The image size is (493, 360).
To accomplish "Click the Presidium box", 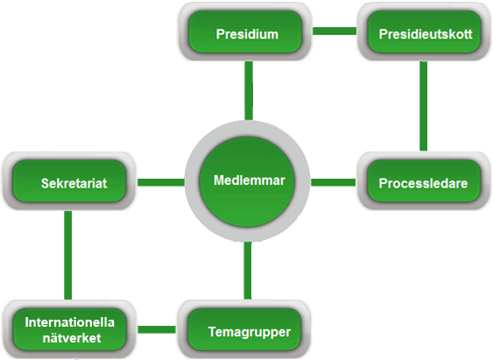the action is pyautogui.click(x=245, y=32).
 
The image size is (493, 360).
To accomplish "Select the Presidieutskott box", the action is pyautogui.click(x=424, y=32).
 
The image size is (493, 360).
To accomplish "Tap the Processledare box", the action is pyautogui.click(x=424, y=180).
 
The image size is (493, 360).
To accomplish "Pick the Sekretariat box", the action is pyautogui.click(x=69, y=180).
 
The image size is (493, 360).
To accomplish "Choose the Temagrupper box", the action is pyautogui.click(x=244, y=329).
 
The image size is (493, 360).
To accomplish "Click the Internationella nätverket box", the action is pyautogui.click(x=69, y=329).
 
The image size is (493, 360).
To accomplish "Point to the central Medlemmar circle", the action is pyautogui.click(x=248, y=180).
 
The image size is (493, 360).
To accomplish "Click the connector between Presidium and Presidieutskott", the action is pyautogui.click(x=335, y=32).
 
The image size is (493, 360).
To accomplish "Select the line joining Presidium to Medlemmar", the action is pyautogui.click(x=249, y=90).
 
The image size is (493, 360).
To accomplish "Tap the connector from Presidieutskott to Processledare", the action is pyautogui.click(x=424, y=106).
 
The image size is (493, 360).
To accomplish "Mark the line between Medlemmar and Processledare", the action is pyautogui.click(x=334, y=182).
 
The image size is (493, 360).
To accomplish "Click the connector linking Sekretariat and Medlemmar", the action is pyautogui.click(x=160, y=182).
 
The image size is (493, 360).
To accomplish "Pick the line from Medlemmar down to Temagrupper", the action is pyautogui.click(x=248, y=271).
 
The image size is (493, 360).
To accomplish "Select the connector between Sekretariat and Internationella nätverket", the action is pyautogui.click(x=68, y=255).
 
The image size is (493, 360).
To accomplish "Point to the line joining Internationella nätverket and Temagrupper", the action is pyautogui.click(x=157, y=329).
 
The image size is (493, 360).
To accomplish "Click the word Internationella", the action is pyautogui.click(x=70, y=322).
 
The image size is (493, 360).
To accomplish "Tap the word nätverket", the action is pyautogui.click(x=72, y=338).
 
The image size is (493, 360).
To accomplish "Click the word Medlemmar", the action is pyautogui.click(x=250, y=180).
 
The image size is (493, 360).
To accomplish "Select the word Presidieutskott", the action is pyautogui.click(x=426, y=34).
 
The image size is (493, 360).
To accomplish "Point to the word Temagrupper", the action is pyautogui.click(x=250, y=332).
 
